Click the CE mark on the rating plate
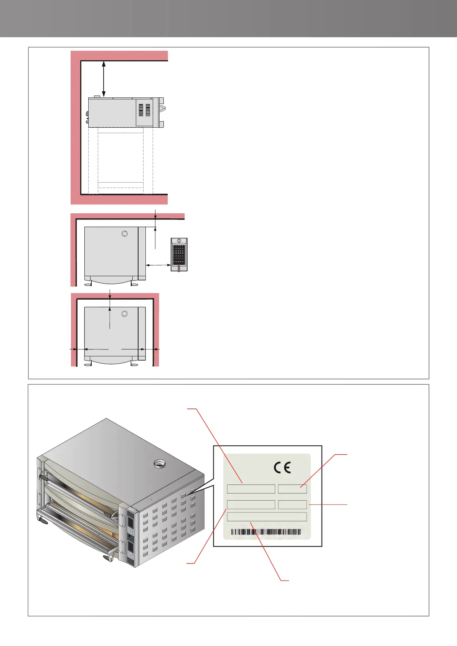[x=282, y=467]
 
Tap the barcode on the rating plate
[x=266, y=532]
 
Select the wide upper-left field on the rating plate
[x=251, y=489]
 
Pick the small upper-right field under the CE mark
[x=292, y=489]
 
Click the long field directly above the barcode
[x=267, y=517]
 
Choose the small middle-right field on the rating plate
[x=292, y=504]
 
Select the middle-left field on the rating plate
[x=251, y=504]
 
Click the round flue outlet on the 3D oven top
[x=158, y=464]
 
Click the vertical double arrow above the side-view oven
[x=104, y=79]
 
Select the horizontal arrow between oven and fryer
[x=158, y=265]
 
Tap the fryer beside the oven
[x=179, y=254]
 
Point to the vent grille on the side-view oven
[x=144, y=110]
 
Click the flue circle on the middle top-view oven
[x=124, y=234]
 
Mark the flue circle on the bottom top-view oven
[x=124, y=314]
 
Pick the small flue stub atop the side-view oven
[x=97, y=96]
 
